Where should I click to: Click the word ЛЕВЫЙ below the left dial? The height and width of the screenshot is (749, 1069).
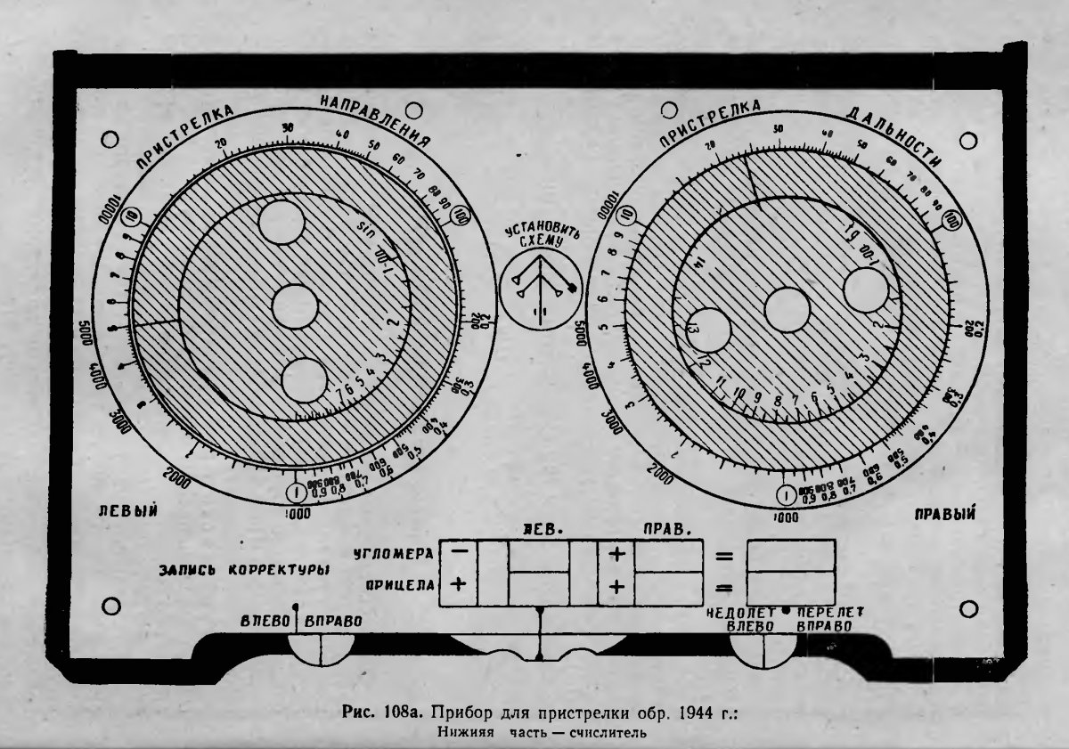point(128,510)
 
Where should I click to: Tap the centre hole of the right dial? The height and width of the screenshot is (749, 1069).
point(787,311)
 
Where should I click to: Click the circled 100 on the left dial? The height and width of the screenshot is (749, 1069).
point(461,216)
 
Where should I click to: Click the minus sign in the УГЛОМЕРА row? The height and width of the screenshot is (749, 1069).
point(461,552)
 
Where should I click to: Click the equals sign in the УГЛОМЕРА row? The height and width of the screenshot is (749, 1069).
point(724,558)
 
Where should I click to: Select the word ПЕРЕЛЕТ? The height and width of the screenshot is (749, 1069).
point(830,613)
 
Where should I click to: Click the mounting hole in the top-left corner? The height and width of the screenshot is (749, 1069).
point(111,139)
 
